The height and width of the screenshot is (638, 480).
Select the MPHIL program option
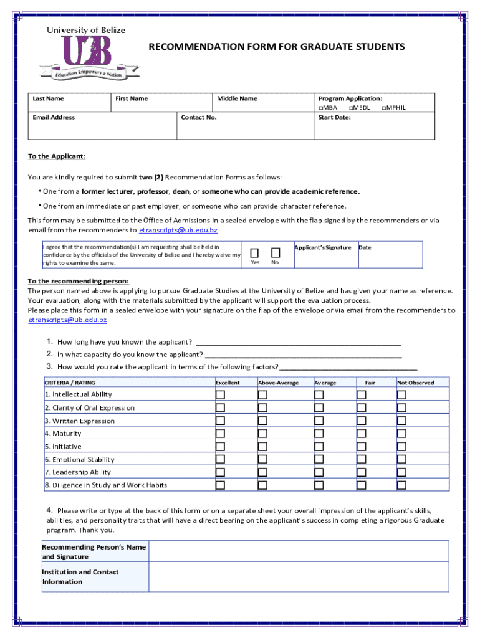(x=383, y=108)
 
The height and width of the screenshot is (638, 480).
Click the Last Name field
(x=70, y=106)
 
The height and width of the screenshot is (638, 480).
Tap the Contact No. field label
(x=198, y=117)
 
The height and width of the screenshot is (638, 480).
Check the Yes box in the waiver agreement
(x=255, y=252)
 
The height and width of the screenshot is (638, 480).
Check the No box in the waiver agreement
(x=275, y=252)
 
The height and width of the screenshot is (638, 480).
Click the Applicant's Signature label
(x=322, y=247)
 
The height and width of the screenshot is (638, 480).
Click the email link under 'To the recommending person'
(x=67, y=320)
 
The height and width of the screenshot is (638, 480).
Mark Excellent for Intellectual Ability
(x=221, y=394)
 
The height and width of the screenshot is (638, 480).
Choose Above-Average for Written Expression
(x=262, y=421)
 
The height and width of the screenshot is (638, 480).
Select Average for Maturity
(x=319, y=434)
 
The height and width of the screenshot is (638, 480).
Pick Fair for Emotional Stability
(x=362, y=459)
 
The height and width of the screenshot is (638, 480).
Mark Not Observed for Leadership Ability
(x=401, y=472)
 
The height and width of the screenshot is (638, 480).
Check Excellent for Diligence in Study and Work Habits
(x=221, y=485)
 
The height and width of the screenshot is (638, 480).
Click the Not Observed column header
(x=415, y=383)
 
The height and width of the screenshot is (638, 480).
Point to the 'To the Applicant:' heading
(x=57, y=156)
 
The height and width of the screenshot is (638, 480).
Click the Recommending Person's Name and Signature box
(x=299, y=551)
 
